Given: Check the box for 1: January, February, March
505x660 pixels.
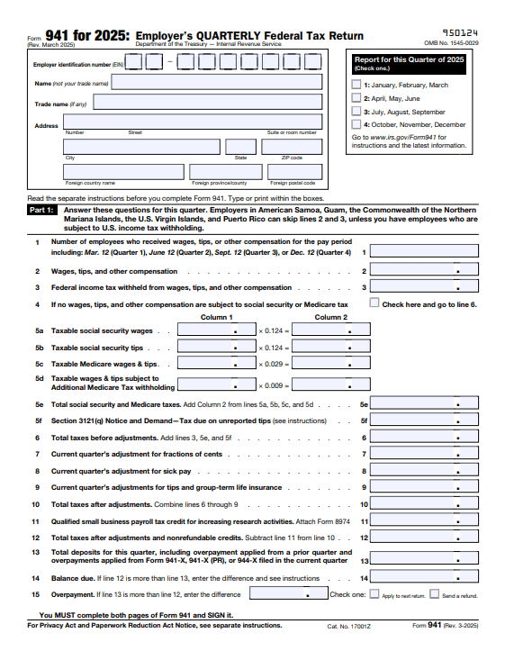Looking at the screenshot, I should pyautogui.click(x=356, y=85).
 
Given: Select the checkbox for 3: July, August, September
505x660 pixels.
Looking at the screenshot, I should pyautogui.click(x=356, y=112).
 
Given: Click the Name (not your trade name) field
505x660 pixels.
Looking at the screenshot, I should pyautogui.click(x=216, y=82).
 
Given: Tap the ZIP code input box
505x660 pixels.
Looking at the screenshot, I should pyautogui.click(x=291, y=146).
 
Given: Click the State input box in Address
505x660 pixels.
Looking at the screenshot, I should pyautogui.click(x=240, y=146).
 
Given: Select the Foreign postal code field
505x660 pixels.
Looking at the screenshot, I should pyautogui.click(x=290, y=172).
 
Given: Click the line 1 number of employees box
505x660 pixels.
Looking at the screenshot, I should pyautogui.click(x=423, y=252).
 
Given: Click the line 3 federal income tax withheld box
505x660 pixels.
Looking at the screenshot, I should pyautogui.click(x=423, y=287).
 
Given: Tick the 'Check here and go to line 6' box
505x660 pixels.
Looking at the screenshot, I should pyautogui.click(x=374, y=303).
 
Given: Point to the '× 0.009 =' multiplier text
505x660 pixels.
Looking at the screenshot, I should pyautogui.click(x=275, y=386).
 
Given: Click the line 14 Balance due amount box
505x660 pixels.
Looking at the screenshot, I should pyautogui.click(x=423, y=578).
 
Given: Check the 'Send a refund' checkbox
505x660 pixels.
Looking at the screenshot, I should pyautogui.click(x=435, y=594).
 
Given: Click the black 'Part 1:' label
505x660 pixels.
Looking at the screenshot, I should pyautogui.click(x=42, y=208).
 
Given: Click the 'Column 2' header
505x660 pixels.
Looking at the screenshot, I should pyautogui.click(x=330, y=317).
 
